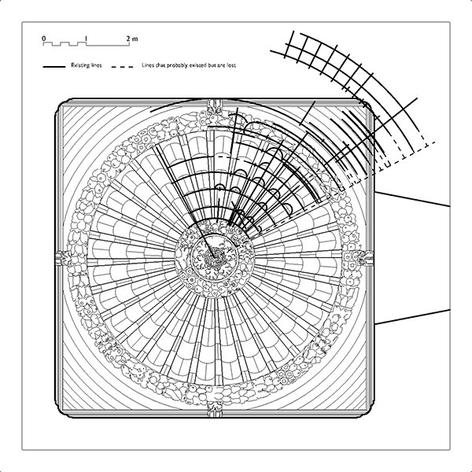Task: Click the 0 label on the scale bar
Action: (x=44, y=39)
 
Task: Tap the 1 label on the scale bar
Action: (x=87, y=39)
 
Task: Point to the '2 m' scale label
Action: (x=132, y=39)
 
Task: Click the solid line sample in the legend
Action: (x=54, y=67)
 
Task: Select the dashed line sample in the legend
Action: (x=122, y=67)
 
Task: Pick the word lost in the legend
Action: (x=232, y=65)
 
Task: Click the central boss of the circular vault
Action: (x=215, y=258)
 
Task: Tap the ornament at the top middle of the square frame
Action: (x=215, y=108)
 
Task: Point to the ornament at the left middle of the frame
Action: (x=64, y=258)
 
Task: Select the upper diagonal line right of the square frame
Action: (x=412, y=199)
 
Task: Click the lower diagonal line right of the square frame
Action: (x=412, y=317)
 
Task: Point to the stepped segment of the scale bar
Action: (x=65, y=44)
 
